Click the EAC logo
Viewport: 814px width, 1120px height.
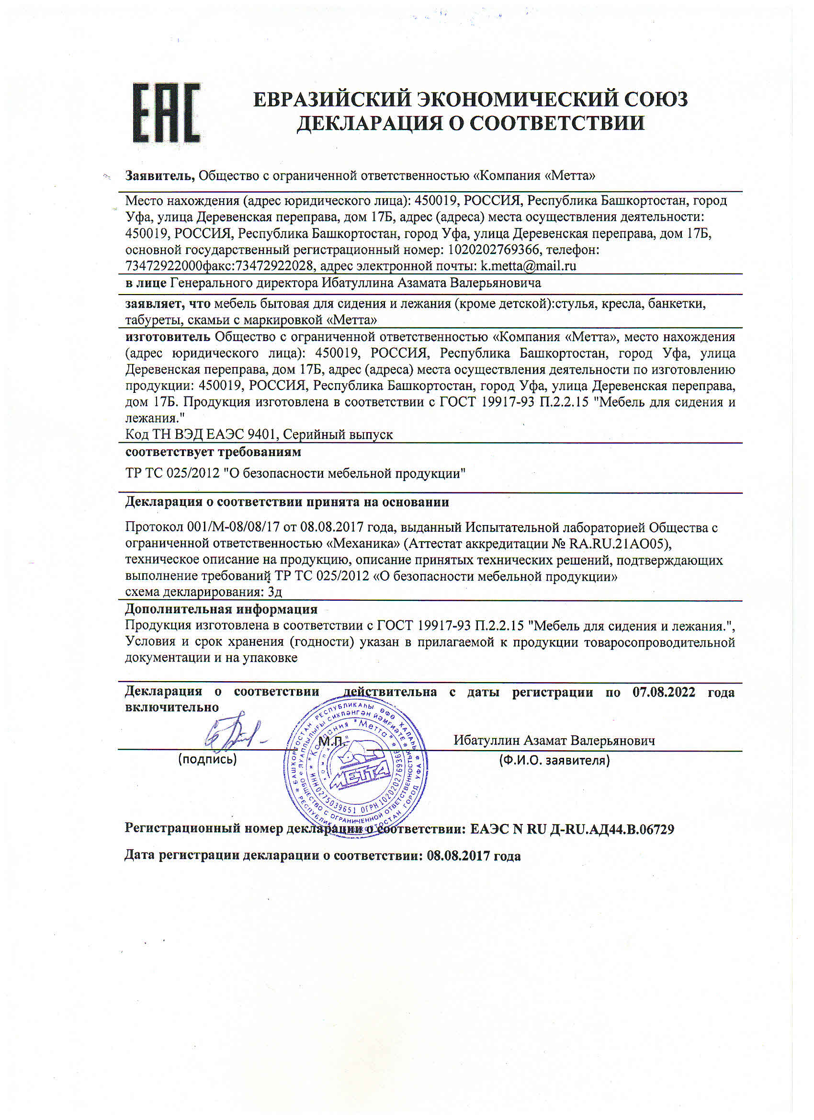pos(166,113)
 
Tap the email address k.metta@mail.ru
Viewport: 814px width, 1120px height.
pos(528,266)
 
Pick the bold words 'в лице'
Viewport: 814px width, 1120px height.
pos(146,283)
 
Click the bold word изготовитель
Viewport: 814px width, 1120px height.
pos(167,337)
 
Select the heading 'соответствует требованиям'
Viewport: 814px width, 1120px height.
pos(213,452)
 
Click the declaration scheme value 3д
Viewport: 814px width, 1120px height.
pos(274,592)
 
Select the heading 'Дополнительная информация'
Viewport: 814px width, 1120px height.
pos(221,609)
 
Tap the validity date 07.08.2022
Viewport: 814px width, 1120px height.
pos(664,692)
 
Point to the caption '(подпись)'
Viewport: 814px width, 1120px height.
pos(207,759)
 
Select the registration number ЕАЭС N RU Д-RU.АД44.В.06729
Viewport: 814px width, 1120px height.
pos(572,829)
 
